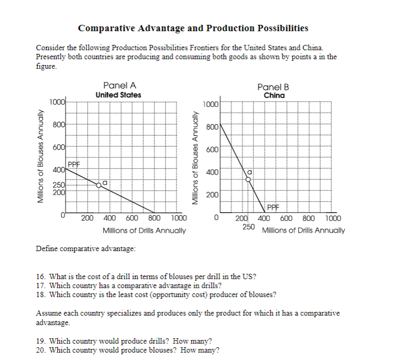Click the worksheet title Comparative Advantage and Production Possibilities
click(193, 28)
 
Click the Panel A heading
click(118, 85)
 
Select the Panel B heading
click(273, 87)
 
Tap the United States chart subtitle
click(118, 95)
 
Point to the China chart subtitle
click(274, 95)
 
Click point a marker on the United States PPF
click(98, 184)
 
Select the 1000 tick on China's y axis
click(211, 105)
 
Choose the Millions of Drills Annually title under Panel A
click(143, 230)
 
